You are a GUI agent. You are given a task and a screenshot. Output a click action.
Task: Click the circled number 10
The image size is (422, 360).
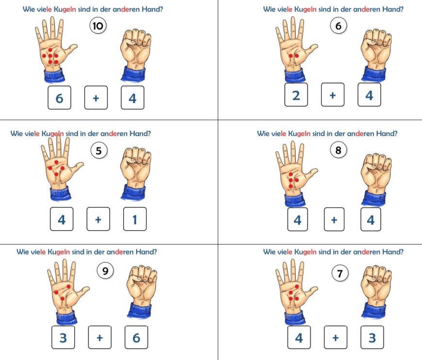tap(97, 26)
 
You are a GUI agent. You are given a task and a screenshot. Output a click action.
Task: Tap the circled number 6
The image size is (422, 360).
tap(338, 26)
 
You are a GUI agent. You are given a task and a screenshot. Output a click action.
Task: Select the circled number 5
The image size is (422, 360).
tap(99, 151)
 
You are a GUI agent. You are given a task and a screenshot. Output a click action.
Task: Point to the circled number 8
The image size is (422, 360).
tap(338, 150)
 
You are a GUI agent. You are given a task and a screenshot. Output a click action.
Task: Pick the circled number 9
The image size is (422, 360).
tap(105, 271)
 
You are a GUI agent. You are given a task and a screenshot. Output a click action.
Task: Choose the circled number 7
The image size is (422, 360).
tap(340, 273)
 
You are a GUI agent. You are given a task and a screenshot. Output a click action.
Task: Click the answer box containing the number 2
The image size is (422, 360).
tap(296, 94)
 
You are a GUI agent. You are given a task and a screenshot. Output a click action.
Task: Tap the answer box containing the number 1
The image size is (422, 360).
tap(135, 219)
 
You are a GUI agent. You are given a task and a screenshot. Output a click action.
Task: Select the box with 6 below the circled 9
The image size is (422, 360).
tap(136, 337)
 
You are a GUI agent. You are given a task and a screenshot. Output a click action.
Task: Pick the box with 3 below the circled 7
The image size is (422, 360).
tap(372, 337)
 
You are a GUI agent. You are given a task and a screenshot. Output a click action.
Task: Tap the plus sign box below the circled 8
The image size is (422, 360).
tap(334, 219)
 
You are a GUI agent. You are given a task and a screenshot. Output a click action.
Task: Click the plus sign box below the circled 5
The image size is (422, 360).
tap(98, 219)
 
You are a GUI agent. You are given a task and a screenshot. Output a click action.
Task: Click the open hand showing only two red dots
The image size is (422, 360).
tap(296, 48)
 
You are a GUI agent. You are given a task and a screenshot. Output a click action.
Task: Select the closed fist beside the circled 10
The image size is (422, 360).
tap(135, 55)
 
